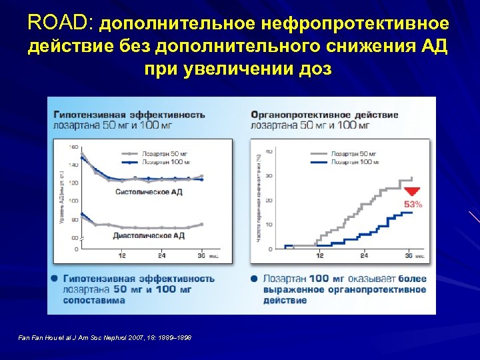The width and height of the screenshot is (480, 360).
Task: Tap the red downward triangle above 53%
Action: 411,191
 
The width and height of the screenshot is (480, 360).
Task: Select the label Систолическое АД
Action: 149,191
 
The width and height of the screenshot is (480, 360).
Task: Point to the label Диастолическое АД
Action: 149,235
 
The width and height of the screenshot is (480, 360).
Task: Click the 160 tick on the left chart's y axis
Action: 73,147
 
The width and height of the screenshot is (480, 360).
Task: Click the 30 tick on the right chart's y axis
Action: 269,176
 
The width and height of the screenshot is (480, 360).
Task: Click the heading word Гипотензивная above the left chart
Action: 87,115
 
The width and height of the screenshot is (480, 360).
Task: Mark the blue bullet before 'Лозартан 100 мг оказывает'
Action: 254,278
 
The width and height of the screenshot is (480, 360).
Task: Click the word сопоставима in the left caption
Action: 94,300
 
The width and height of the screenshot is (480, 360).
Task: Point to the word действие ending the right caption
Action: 285,300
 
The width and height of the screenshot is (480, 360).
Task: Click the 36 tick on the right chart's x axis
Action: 408,255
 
